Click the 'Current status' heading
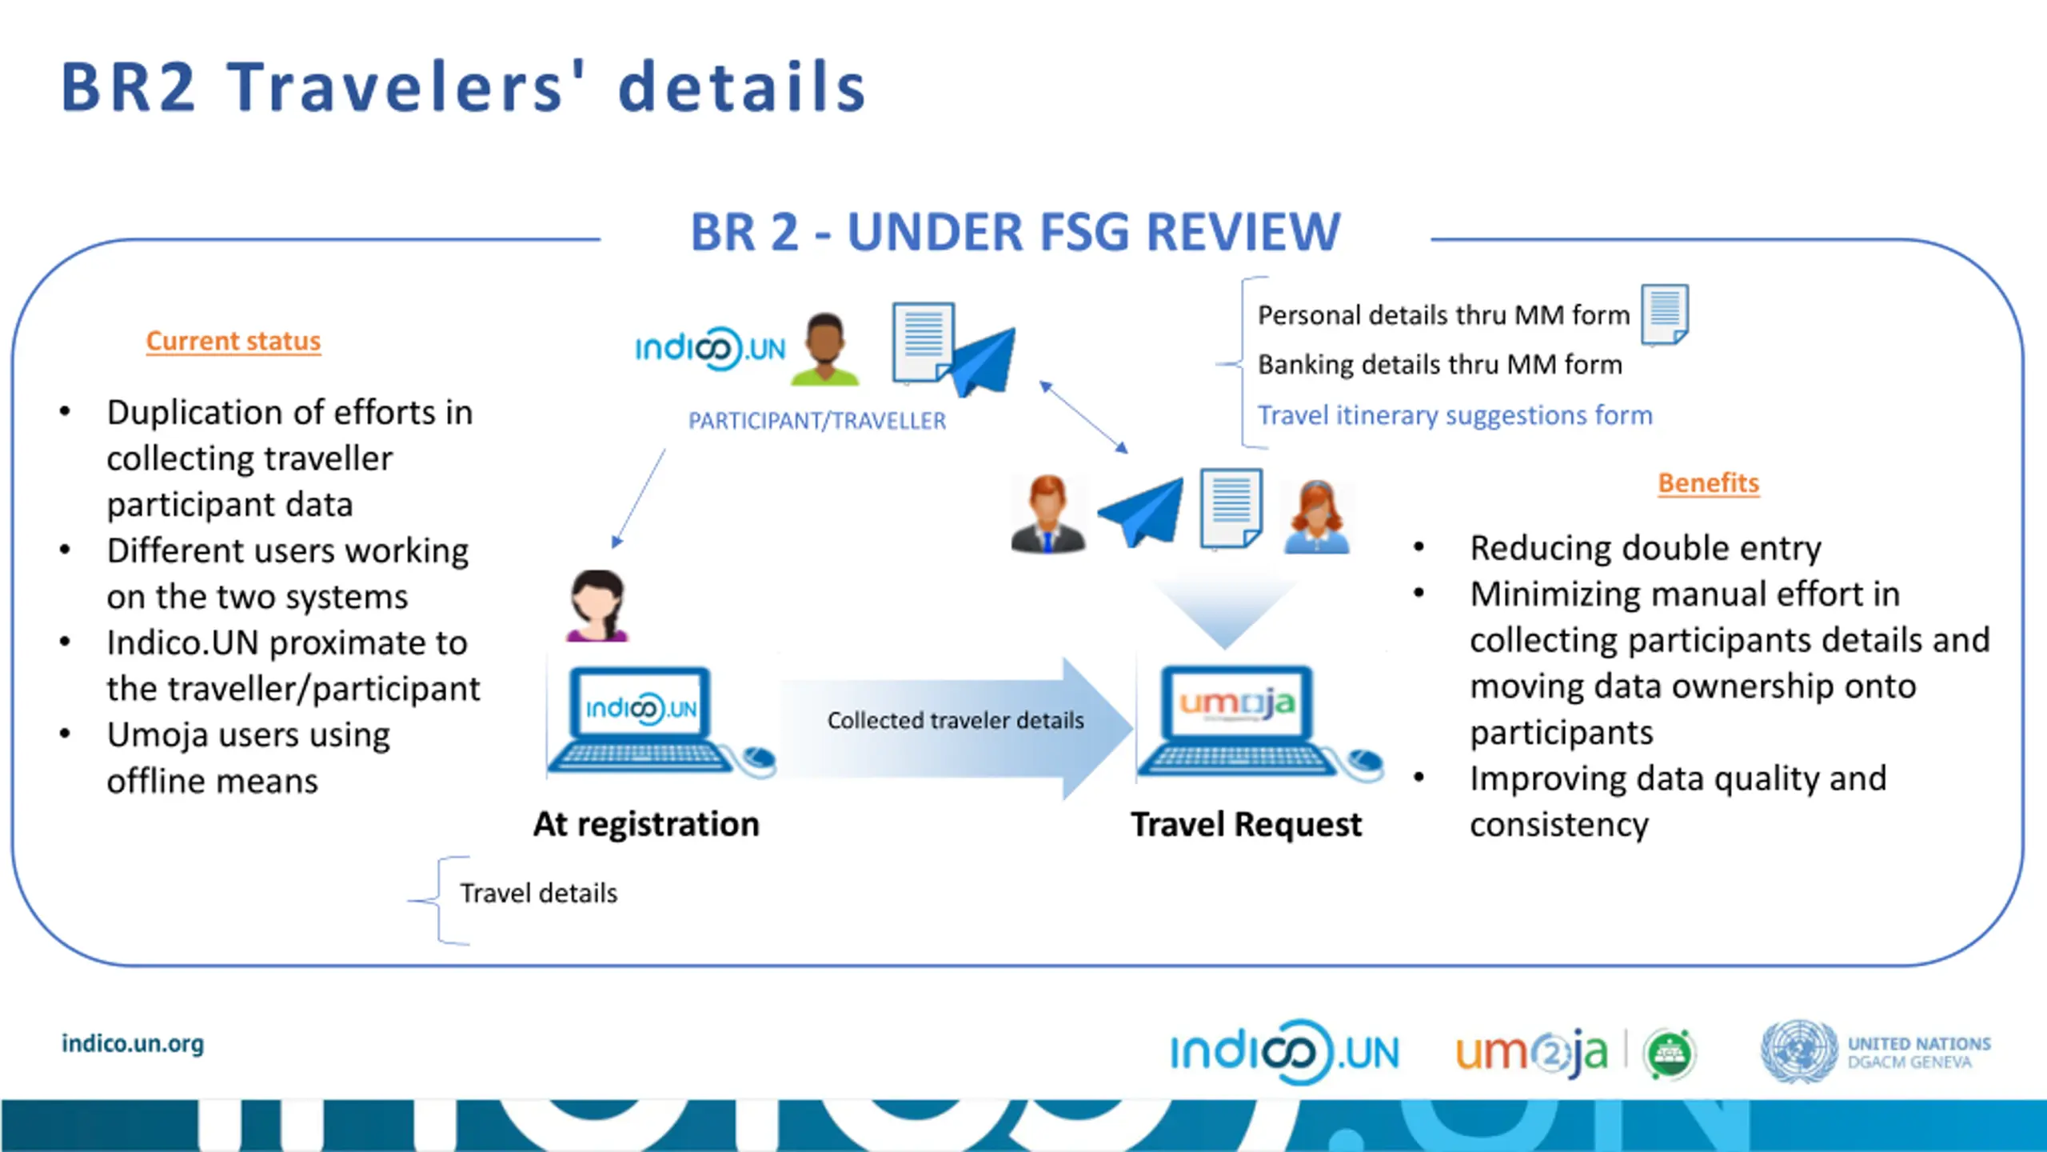tap(233, 342)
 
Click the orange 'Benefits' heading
tap(1708, 483)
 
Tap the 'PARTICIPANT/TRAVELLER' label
tap(816, 421)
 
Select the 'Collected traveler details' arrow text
tap(956, 721)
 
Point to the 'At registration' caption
tap(646, 825)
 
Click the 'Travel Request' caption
tap(1245, 825)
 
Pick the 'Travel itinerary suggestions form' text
tap(1454, 415)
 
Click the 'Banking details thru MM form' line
tap(1439, 365)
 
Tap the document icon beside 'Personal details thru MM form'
tap(1665, 314)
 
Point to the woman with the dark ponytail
tap(597, 606)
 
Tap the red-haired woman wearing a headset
tap(1316, 517)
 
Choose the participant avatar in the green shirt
tap(824, 349)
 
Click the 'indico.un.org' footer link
tap(133, 1044)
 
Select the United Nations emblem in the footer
tap(1798, 1051)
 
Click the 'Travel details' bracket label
tap(538, 894)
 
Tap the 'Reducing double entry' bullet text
tap(1645, 549)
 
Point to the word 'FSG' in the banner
tap(1086, 233)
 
